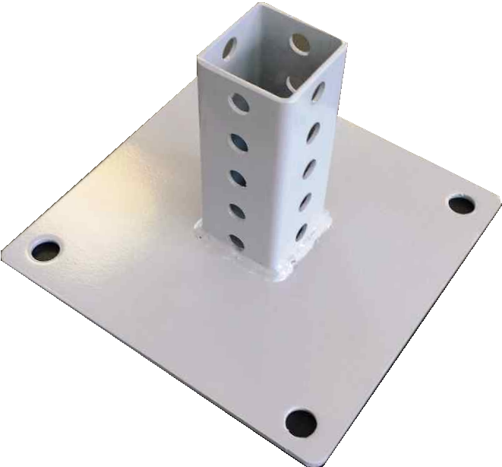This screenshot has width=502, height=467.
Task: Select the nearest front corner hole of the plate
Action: coord(301,421)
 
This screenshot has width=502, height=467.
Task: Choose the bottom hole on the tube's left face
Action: coord(238,242)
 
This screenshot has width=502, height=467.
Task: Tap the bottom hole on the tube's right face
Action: coord(302,231)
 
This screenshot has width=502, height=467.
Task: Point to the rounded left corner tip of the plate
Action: coord(6,251)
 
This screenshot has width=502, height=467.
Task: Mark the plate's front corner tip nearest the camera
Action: coord(304,456)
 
